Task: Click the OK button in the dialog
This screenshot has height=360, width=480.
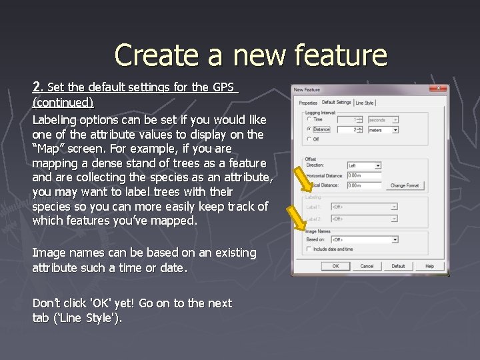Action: tap(335, 266)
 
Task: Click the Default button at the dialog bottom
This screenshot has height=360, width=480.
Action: tap(398, 266)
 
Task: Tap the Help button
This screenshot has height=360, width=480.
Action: tap(429, 266)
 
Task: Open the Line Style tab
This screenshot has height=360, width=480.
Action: tap(365, 103)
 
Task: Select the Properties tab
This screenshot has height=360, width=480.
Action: tap(308, 103)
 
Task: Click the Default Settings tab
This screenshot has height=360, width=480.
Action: tap(336, 102)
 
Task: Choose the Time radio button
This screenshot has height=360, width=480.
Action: tap(309, 120)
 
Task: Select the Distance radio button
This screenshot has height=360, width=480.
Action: tap(309, 129)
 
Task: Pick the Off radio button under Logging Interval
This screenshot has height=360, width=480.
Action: tap(309, 139)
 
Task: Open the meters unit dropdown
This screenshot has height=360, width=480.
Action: tap(383, 130)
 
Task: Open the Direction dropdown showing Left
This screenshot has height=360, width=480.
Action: tap(364, 165)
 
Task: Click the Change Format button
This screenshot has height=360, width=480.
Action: tap(405, 185)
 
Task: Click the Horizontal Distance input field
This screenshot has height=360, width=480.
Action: tap(364, 175)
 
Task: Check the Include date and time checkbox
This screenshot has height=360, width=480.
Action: tap(309, 249)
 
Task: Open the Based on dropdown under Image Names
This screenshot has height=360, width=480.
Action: tap(364, 239)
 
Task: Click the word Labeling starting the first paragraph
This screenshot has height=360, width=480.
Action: tap(55, 120)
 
